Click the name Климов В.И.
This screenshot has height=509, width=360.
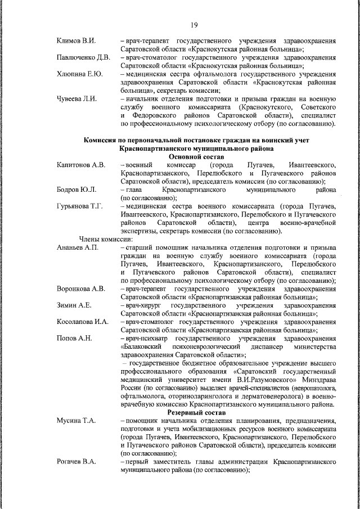(x=76, y=42)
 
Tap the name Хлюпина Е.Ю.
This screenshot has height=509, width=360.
(x=79, y=74)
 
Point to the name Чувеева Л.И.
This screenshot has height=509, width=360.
(x=78, y=98)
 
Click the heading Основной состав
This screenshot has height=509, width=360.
(x=196, y=156)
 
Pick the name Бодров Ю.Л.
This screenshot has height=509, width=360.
(x=76, y=190)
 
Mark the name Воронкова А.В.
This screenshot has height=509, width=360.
(x=81, y=289)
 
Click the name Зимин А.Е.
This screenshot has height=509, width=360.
(x=74, y=305)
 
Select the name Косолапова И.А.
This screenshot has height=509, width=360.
(x=83, y=322)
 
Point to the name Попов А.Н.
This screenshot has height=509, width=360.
(x=75, y=338)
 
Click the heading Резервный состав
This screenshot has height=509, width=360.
(x=196, y=412)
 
